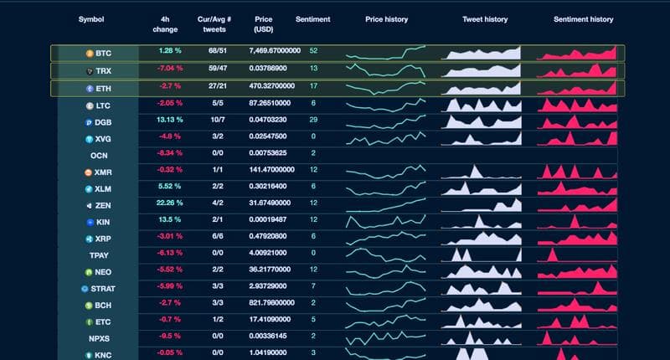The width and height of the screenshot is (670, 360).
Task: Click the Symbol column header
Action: point(91,19)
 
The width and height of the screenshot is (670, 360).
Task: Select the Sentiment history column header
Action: point(583,19)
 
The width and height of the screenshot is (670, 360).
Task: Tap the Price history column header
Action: point(386,19)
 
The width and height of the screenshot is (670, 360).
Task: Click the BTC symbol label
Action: point(103,53)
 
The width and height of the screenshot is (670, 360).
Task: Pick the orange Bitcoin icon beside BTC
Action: point(90,53)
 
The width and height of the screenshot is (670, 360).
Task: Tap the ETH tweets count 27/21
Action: point(217,85)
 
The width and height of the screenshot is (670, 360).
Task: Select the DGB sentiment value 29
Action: point(313,121)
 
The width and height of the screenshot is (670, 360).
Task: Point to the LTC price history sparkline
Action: point(386,104)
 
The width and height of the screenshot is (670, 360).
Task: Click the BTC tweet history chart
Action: point(482,52)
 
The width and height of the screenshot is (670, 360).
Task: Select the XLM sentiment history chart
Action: point(578,188)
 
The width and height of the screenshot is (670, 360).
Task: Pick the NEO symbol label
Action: point(103,272)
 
